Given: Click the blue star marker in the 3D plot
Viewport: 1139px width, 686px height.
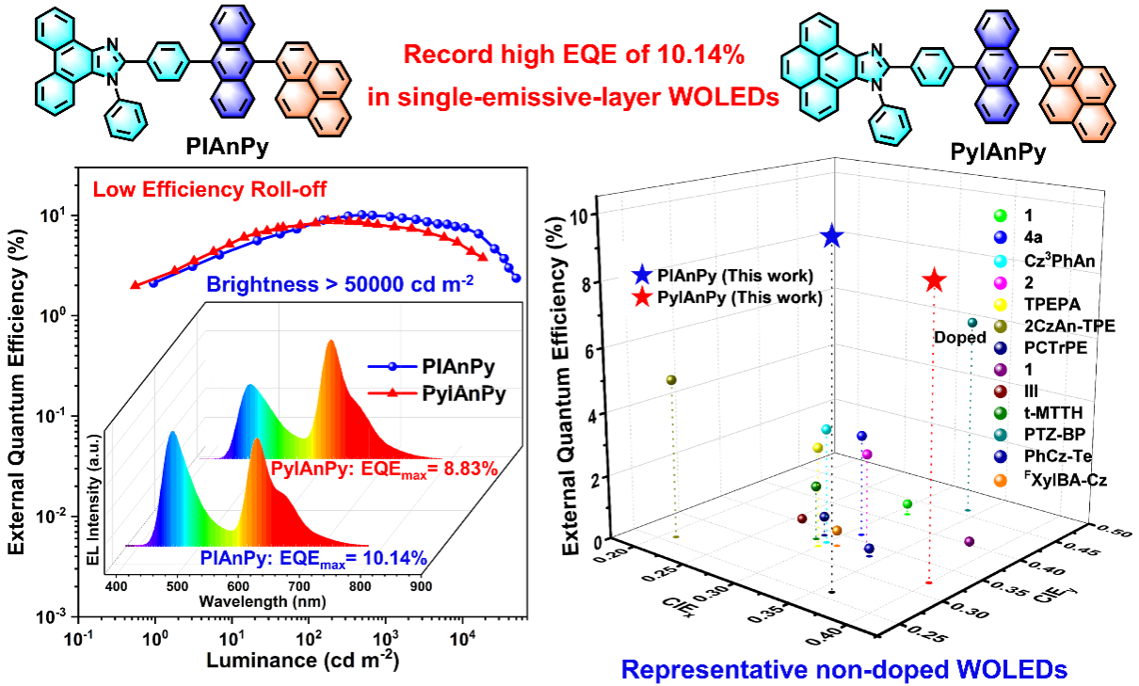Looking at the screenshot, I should click(x=831, y=236).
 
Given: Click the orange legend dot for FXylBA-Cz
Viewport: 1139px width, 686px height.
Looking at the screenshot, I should click(x=1001, y=480).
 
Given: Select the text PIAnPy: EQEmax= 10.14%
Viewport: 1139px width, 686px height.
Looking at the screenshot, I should click(x=314, y=560).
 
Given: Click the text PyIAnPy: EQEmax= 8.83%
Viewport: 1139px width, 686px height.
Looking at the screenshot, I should click(x=383, y=469).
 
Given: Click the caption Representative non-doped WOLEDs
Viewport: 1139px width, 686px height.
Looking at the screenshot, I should click(x=844, y=670).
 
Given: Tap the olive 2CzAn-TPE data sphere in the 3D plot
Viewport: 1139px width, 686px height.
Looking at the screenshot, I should click(x=671, y=380).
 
